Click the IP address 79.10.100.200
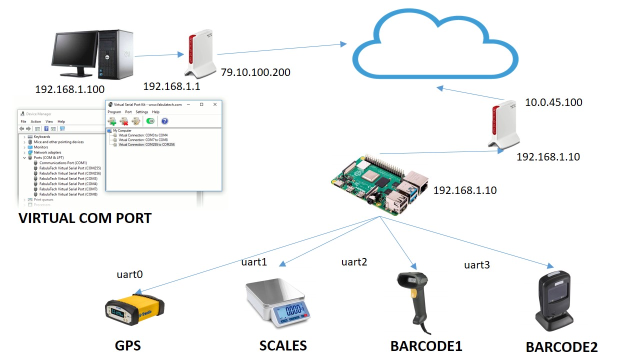255,72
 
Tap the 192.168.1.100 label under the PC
69,89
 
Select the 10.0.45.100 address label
553,102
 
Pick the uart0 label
129,274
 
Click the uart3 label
476,265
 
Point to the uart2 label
354,261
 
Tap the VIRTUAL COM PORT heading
85,218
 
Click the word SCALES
283,345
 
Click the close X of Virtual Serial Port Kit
215,104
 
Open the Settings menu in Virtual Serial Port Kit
142,112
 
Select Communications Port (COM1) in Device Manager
63,163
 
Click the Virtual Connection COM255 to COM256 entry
146,144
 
